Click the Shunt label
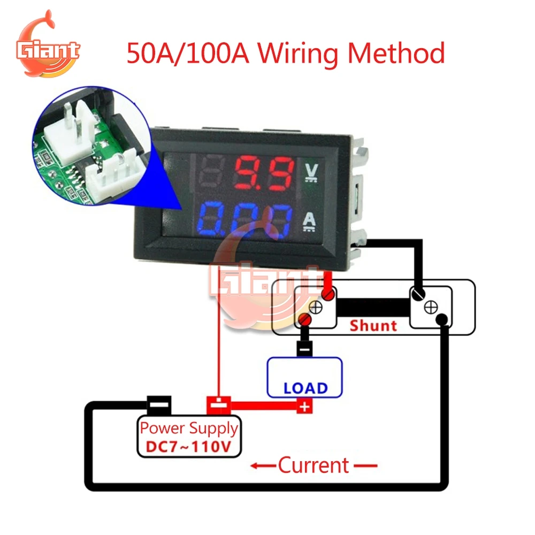(373, 325)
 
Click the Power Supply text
(189, 428)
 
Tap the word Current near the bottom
(314, 465)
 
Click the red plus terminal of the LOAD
(304, 407)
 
